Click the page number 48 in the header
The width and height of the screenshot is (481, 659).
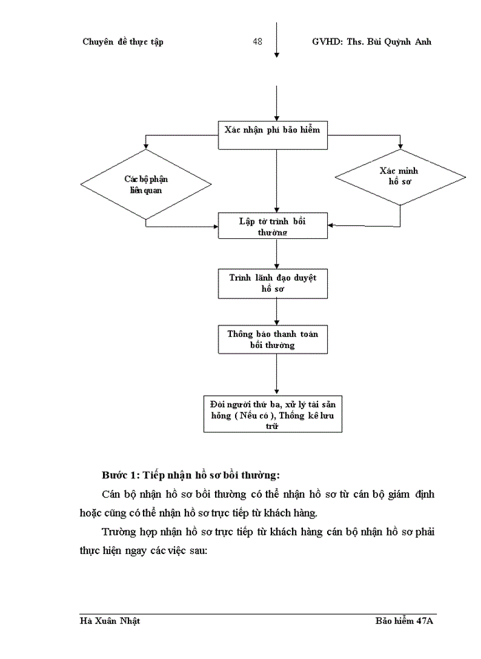tap(258, 42)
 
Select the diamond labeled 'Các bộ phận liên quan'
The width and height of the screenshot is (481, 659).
tap(146, 184)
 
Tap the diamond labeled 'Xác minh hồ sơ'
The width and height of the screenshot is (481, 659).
tap(400, 177)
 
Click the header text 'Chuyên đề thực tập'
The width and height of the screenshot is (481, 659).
tap(122, 42)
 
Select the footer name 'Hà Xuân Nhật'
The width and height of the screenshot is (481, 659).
tap(111, 621)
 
